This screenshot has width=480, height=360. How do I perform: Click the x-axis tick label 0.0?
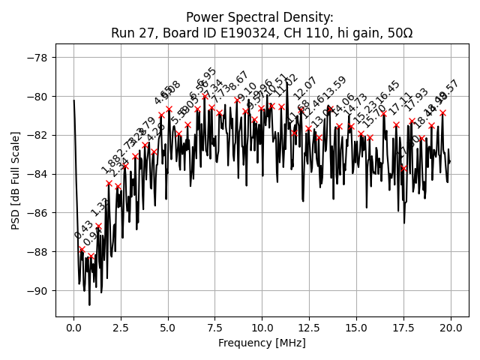pos(73,328)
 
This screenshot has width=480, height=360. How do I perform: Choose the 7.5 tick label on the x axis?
pos(215,328)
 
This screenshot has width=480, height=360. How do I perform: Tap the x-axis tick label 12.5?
pos(309,328)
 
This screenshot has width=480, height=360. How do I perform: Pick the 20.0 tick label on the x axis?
pos(450,328)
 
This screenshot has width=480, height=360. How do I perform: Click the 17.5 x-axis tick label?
pos(403,328)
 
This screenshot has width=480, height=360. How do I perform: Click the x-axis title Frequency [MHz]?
pos(262,343)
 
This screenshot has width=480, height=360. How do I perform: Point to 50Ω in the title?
pos(397,33)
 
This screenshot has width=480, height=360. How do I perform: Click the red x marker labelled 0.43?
pos(82,250)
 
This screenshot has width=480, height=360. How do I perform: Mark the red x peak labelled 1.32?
pos(98,226)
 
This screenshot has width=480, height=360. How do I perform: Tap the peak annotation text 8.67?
pos(239,82)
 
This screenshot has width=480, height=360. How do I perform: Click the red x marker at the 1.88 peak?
pos(109,183)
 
